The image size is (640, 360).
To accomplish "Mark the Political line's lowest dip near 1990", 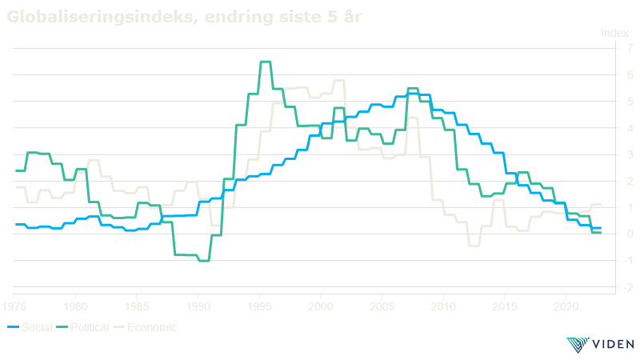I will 203,260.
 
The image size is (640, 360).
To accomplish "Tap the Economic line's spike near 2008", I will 413,118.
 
